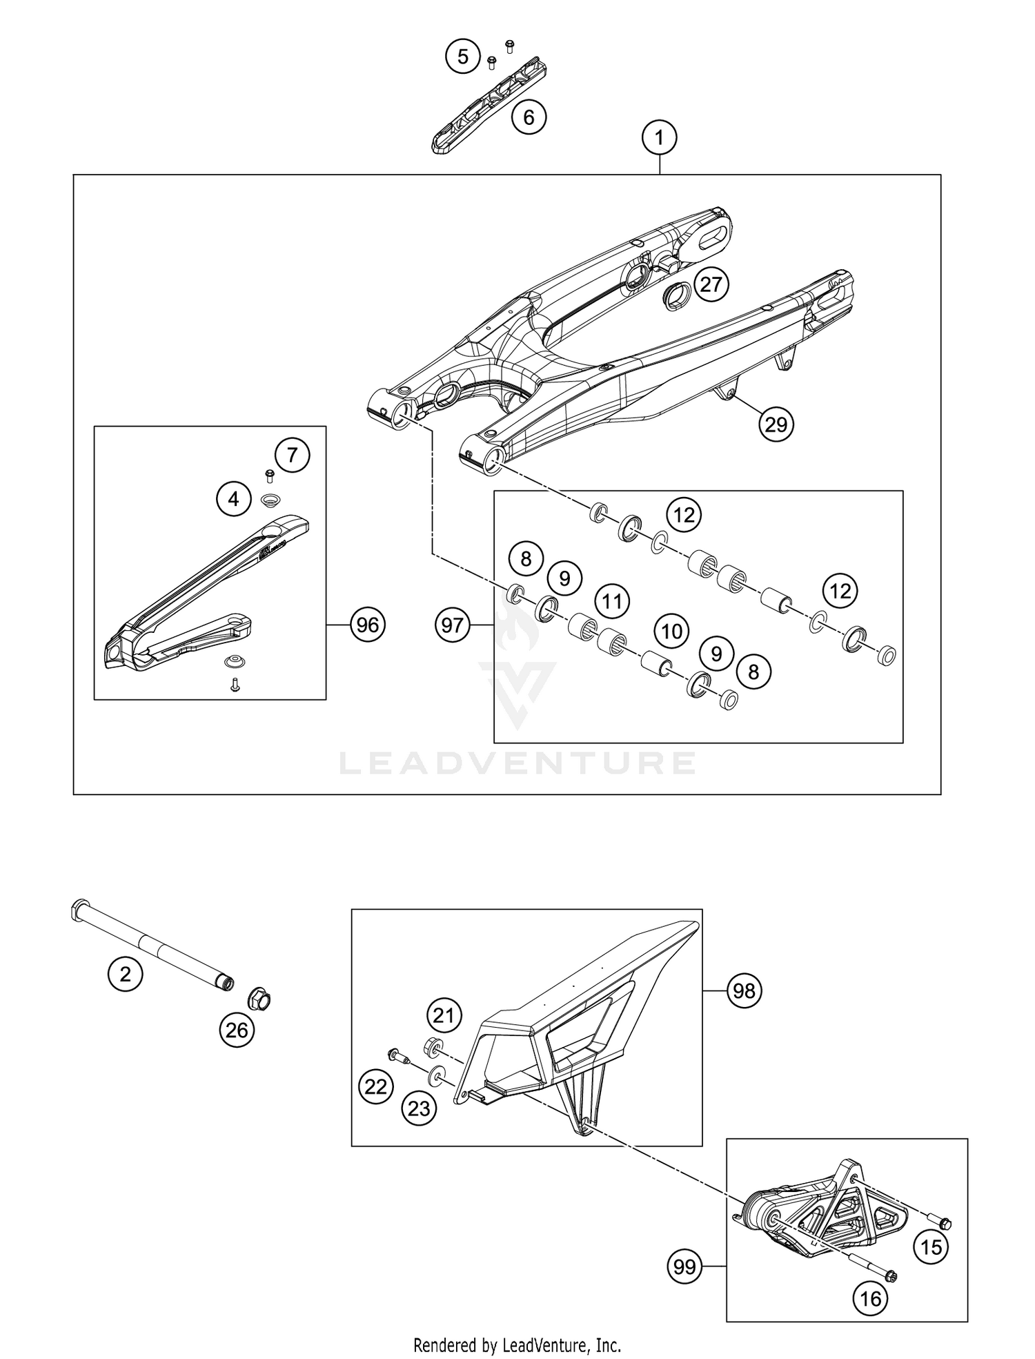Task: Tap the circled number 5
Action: coord(463,56)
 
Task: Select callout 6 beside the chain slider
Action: coord(529,117)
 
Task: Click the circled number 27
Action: coord(711,284)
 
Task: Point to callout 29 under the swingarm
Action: coord(776,424)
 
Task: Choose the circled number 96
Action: coord(367,625)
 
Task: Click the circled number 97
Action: coord(453,625)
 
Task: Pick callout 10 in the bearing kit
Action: coord(671,630)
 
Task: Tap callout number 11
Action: coord(612,601)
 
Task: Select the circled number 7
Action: coord(292,456)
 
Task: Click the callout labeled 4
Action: coord(234,498)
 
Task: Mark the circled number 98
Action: coord(744,991)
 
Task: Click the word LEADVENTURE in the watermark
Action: coord(517,763)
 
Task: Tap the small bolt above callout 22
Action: coord(397,1055)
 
